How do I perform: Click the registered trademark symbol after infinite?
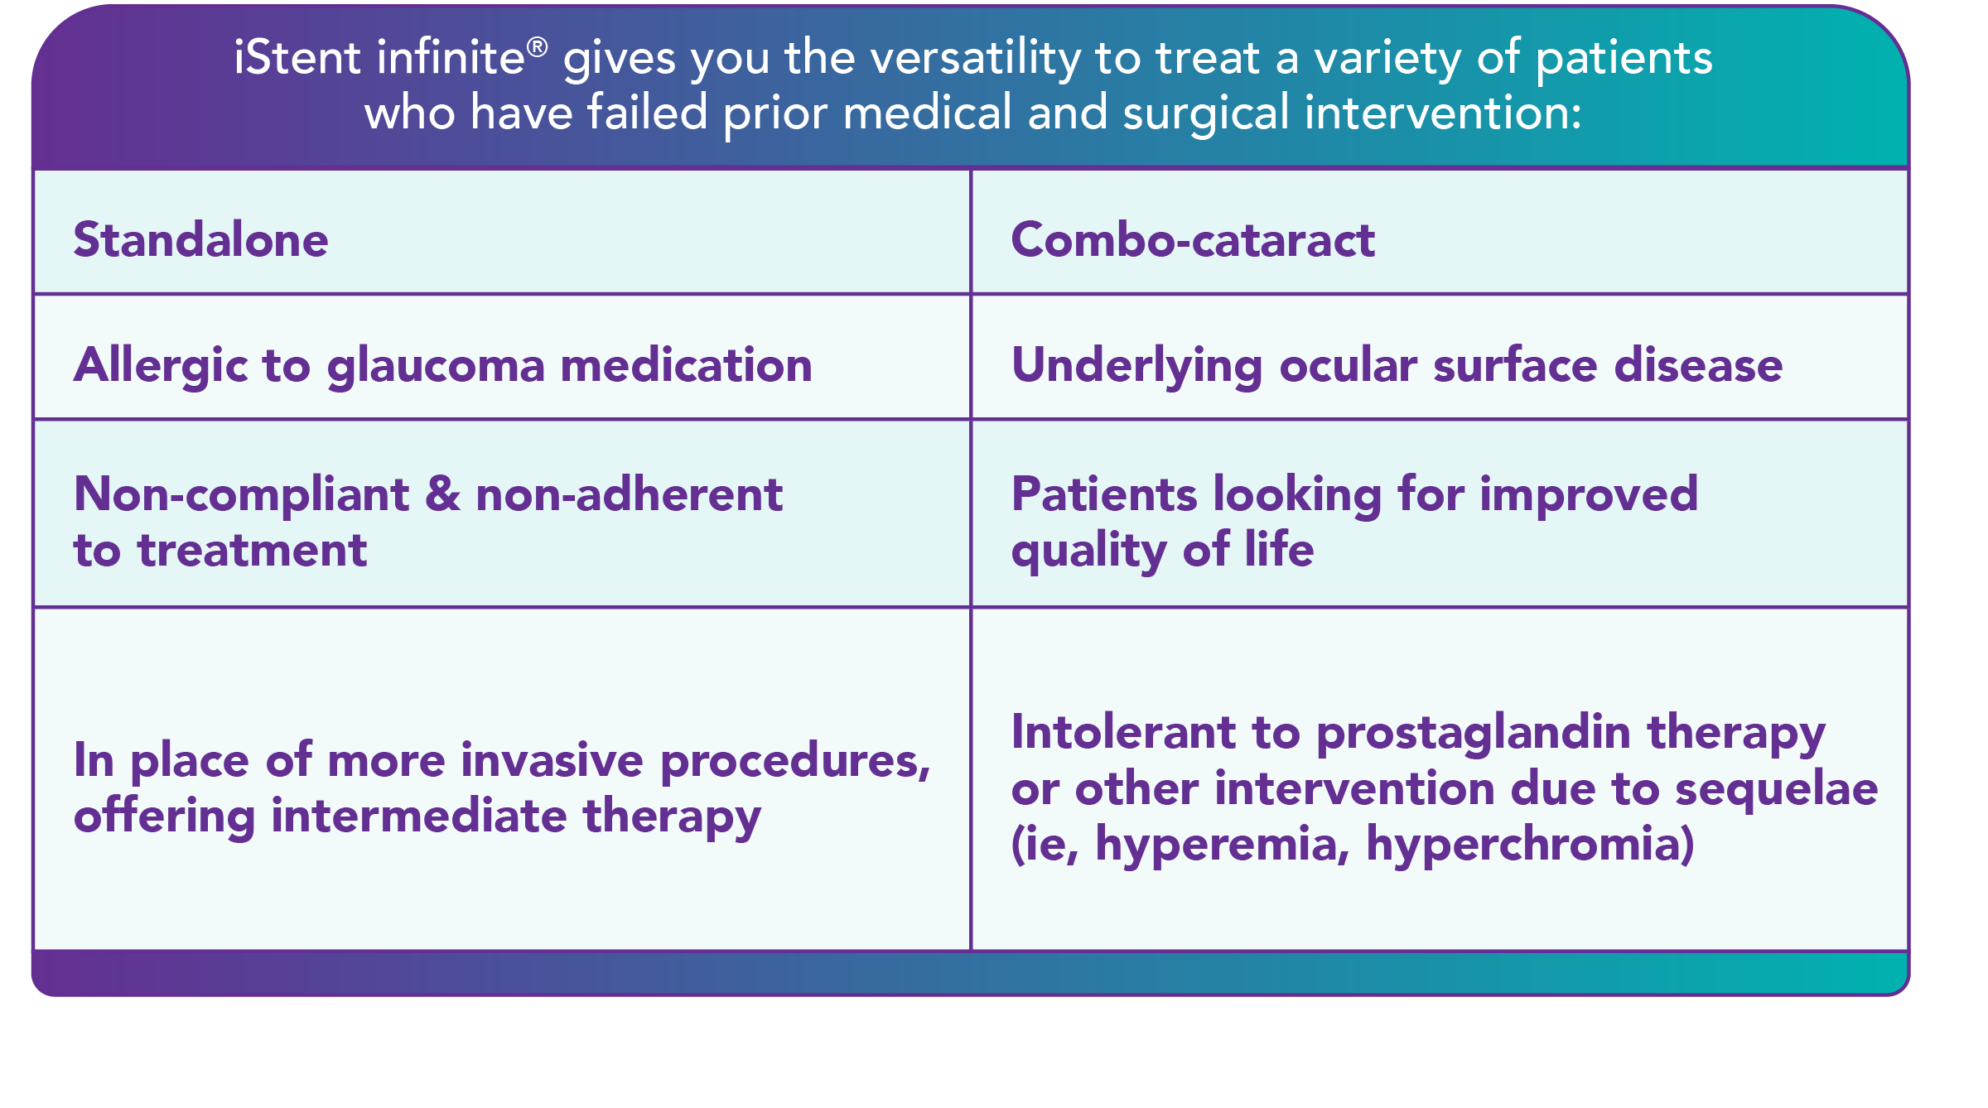coord(537,46)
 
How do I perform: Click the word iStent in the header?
coord(297,57)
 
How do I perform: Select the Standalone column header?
coord(201,239)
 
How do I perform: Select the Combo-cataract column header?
coord(1193,239)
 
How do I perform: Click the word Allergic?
coord(160,366)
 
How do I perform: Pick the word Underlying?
coord(1137,366)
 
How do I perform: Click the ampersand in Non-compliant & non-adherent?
coord(442,494)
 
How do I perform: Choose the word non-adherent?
coord(629,494)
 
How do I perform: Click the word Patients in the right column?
coord(1104,494)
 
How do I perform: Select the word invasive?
coord(552,760)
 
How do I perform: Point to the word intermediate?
coord(419,816)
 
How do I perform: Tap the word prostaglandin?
coord(1473,735)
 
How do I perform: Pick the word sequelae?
coord(1777,790)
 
